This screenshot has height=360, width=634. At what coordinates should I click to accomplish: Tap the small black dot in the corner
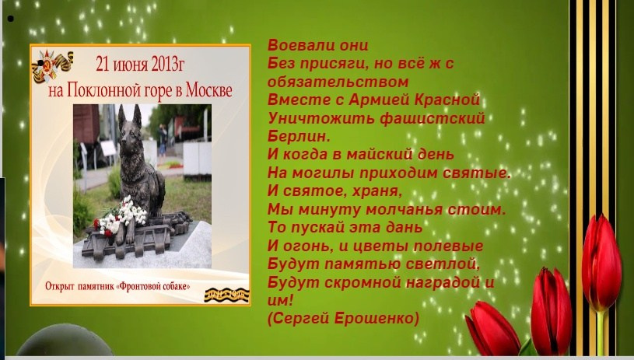pyautogui.click(x=10, y=16)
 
